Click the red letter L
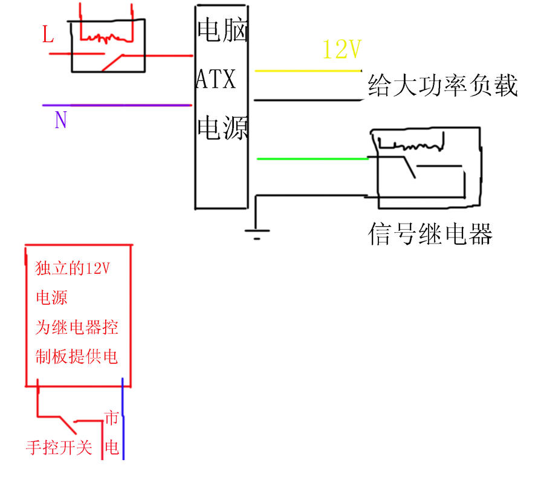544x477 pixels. click(x=48, y=34)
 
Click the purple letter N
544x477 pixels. click(x=60, y=120)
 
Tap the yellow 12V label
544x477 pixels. click(x=342, y=50)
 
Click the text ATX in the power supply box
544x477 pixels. click(x=216, y=79)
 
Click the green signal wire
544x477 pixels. click(x=312, y=159)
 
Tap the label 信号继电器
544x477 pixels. click(x=430, y=234)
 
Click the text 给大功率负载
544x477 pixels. click(x=443, y=85)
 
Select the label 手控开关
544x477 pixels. click(x=59, y=448)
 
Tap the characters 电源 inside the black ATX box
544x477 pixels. click(x=222, y=128)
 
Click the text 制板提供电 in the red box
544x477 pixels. click(x=76, y=357)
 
